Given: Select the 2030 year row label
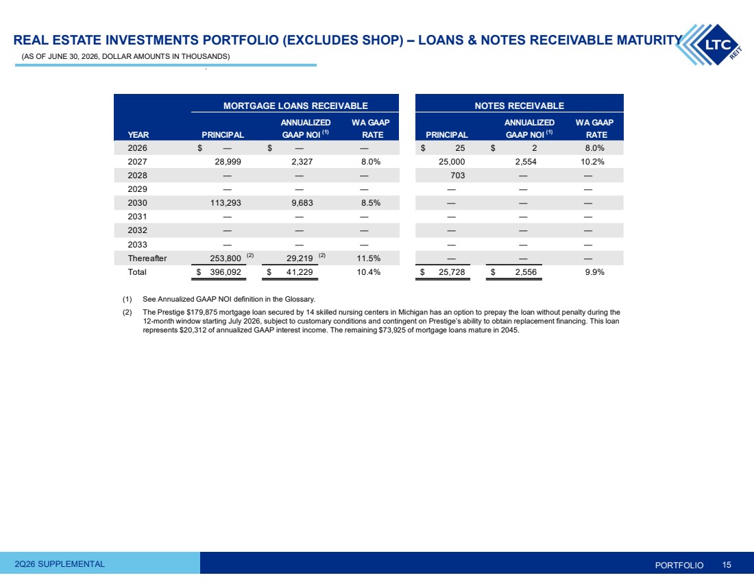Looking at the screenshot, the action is (x=138, y=203).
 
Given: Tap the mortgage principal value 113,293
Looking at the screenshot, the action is (x=226, y=203).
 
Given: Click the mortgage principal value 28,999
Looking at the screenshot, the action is (x=228, y=162).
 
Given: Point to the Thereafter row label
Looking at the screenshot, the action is (x=147, y=258).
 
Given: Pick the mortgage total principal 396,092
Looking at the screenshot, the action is (x=226, y=272).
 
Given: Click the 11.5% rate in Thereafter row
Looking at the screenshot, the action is (x=368, y=258).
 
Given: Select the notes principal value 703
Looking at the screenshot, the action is (x=458, y=175).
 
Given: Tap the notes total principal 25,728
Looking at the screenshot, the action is (x=452, y=272).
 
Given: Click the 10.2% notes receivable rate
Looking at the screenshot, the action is (x=592, y=162).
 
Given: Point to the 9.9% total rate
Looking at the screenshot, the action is (x=595, y=272).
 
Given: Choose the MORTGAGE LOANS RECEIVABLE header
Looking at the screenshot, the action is (x=295, y=106).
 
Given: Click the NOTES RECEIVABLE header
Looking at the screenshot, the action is (x=520, y=106).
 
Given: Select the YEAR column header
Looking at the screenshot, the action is (x=138, y=135).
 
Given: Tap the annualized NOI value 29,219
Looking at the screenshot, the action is (x=300, y=258).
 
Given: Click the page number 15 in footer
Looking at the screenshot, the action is (x=727, y=565).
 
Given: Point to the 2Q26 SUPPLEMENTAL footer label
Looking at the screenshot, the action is (x=60, y=564).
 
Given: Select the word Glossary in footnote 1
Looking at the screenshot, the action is (x=300, y=299).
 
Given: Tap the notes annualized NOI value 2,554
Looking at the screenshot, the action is (x=526, y=162).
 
